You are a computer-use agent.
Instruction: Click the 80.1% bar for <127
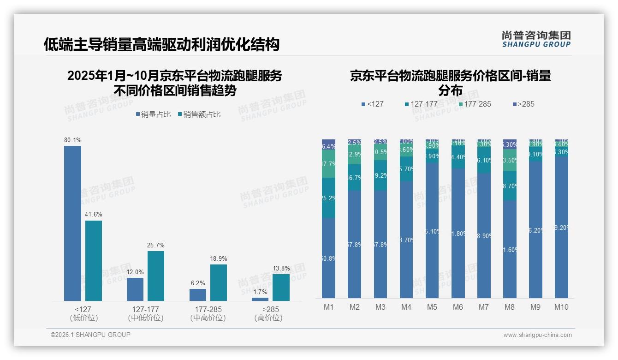coord(72,223)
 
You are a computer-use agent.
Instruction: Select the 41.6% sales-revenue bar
coord(94,261)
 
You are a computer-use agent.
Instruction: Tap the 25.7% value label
coord(156,245)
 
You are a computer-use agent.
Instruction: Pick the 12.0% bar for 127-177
coord(135,289)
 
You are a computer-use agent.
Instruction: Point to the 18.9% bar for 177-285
coord(219,282)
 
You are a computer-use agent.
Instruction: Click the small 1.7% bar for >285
coord(260,299)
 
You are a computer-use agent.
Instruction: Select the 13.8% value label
coord(281,268)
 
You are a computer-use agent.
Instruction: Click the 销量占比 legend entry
coord(153,114)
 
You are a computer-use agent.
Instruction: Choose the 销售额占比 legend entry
coord(199,114)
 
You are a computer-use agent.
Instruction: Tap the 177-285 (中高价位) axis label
coord(208,313)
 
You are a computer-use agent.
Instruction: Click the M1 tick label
coord(328,307)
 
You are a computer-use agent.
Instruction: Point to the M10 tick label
coord(561,307)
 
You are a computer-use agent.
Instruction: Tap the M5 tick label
coord(432,307)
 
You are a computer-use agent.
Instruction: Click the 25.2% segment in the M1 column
coord(328,198)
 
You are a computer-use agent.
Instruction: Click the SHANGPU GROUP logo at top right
coord(536,39)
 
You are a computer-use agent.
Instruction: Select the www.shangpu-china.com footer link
coord(537,335)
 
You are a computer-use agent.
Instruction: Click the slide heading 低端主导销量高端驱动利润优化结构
coord(161,44)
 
